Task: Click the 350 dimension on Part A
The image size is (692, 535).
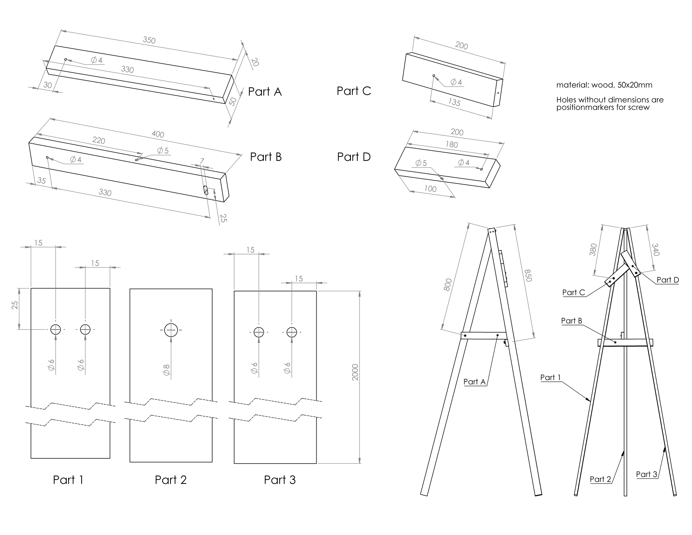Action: (149, 40)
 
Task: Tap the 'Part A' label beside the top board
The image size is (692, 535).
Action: (265, 92)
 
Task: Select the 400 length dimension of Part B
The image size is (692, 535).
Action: (157, 134)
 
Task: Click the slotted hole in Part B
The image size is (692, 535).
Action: (206, 190)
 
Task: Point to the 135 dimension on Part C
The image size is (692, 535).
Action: (454, 102)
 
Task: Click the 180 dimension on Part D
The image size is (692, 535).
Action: (452, 144)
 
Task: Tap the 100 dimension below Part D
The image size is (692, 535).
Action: (430, 189)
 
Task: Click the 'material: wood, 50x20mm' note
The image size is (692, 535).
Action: (604, 85)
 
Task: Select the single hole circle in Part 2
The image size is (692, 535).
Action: (171, 330)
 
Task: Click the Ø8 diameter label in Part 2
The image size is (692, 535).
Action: (166, 370)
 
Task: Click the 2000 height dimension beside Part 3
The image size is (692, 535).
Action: (355, 372)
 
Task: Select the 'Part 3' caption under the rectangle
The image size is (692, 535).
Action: (280, 480)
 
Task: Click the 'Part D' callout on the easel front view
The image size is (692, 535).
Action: (667, 280)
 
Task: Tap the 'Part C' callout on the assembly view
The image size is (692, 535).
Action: (573, 292)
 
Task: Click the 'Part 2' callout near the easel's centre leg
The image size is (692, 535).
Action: (600, 479)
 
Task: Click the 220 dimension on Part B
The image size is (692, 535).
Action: (99, 140)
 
